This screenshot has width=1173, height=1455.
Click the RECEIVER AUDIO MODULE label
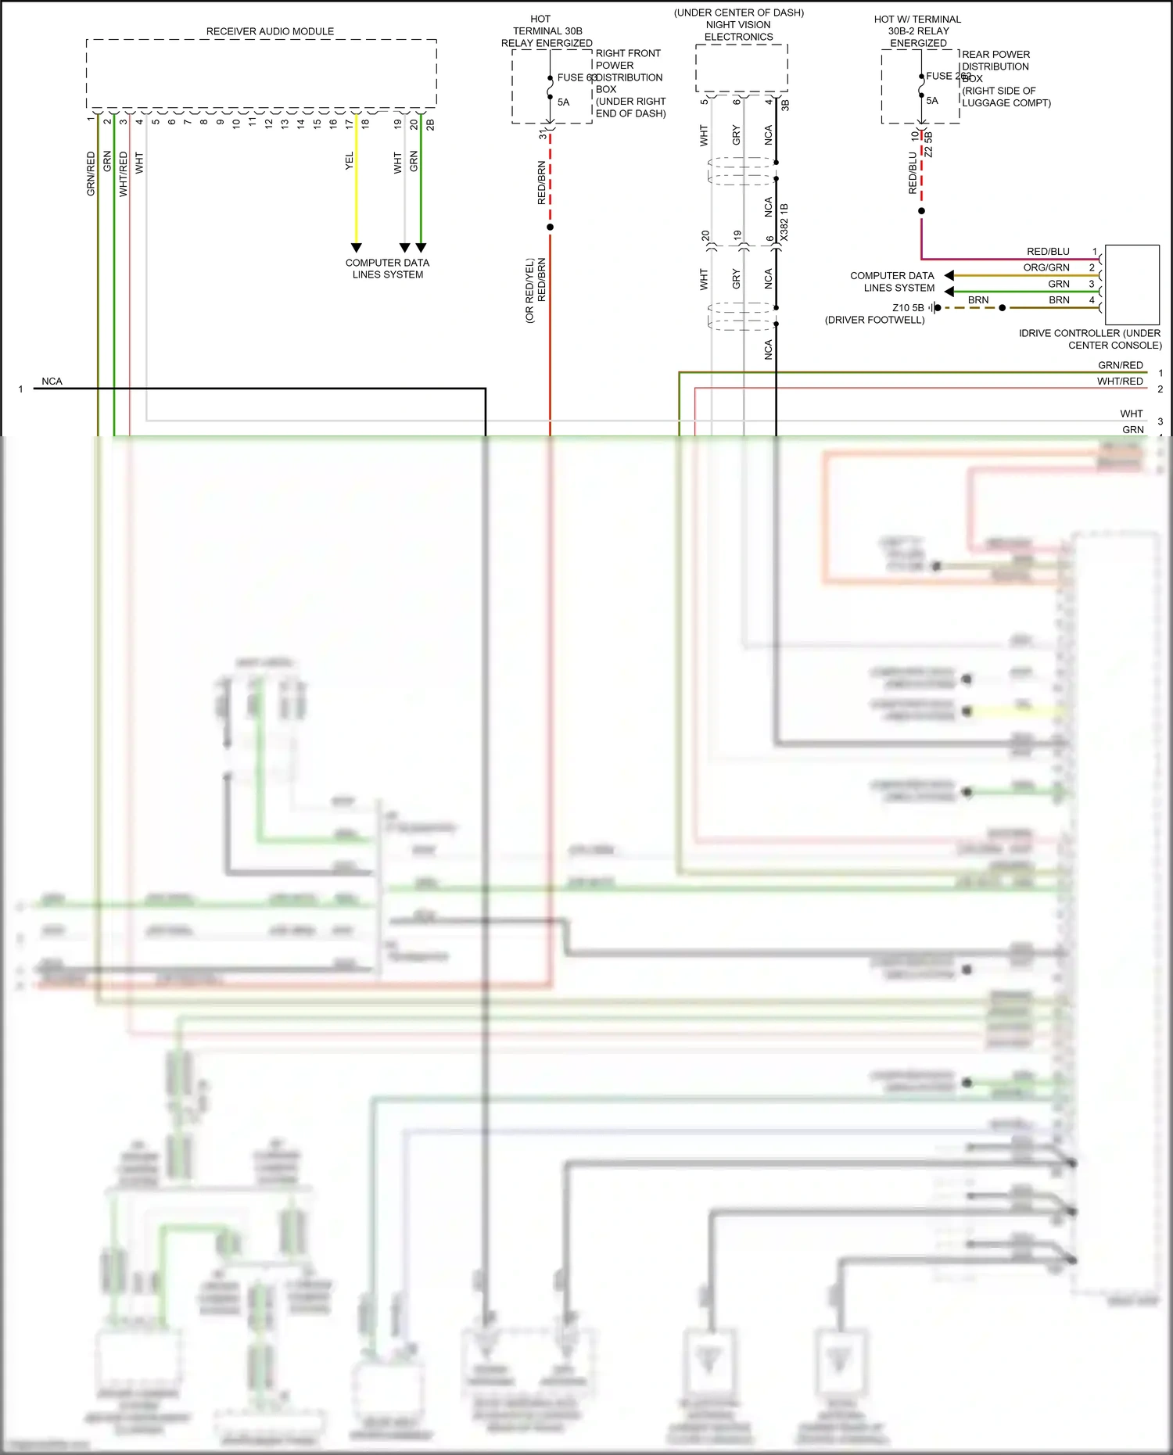click(270, 31)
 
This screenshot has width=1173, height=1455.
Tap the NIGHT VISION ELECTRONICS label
click(738, 30)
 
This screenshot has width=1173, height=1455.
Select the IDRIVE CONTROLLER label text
click(1089, 339)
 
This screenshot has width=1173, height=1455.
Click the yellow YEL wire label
click(350, 161)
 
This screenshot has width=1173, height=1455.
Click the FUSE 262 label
click(943, 76)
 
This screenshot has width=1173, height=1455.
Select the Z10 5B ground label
click(908, 308)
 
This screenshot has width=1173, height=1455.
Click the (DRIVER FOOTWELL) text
click(874, 320)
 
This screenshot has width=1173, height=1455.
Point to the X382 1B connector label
click(784, 222)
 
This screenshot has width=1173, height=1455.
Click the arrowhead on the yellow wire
click(357, 248)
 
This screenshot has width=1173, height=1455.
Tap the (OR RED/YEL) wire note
click(529, 290)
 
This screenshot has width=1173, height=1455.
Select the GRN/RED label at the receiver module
click(91, 174)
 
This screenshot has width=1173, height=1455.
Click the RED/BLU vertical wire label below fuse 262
click(913, 173)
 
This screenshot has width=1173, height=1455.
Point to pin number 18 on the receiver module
click(365, 123)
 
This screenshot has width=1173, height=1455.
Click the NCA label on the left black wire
click(52, 382)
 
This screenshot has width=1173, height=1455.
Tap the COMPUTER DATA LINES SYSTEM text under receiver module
click(388, 268)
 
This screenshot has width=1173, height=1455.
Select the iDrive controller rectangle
click(1132, 285)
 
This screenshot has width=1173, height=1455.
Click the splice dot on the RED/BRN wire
click(551, 228)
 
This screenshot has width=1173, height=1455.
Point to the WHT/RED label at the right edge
click(1120, 382)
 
